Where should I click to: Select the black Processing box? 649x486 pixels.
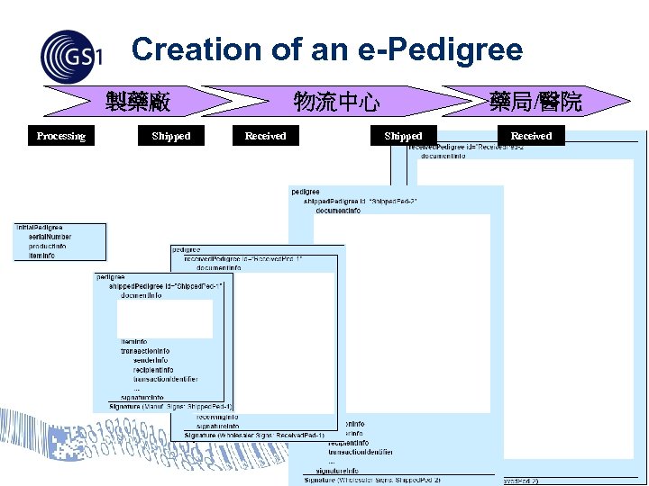coord(60,136)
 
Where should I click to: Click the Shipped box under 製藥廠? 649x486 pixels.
coord(171,136)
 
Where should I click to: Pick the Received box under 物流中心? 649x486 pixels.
coord(265,136)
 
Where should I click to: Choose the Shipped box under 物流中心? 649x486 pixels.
coord(403,136)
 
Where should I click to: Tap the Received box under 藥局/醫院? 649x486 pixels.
coord(531,136)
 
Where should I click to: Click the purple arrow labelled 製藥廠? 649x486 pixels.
coord(135,101)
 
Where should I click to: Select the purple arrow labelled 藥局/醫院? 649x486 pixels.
coord(535,101)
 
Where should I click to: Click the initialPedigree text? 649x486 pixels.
coord(38,228)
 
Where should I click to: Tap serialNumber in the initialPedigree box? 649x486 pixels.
coord(50,237)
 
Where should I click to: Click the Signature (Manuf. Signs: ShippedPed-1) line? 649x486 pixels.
coord(170,406)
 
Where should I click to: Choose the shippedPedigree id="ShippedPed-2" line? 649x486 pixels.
coord(360,201)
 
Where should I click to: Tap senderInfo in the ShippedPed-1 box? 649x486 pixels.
coord(150,360)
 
